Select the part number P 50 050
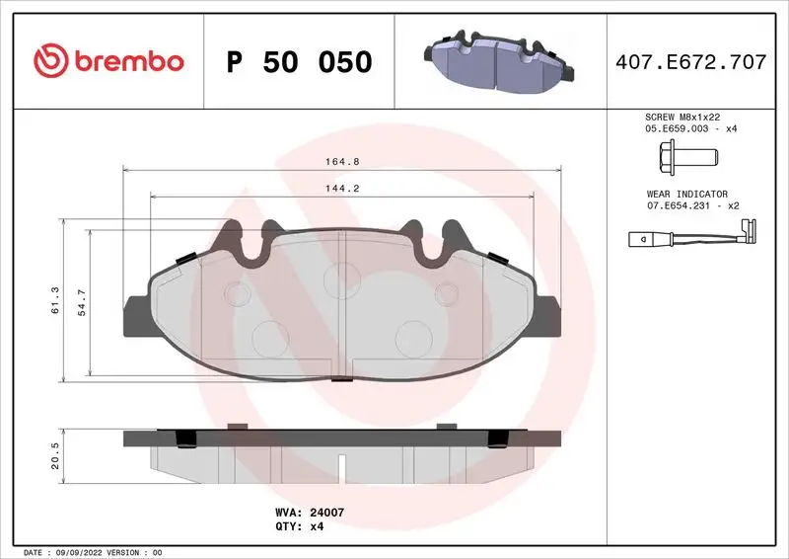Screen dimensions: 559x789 [x=300, y=62]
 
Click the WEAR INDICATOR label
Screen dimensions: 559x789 [x=686, y=195]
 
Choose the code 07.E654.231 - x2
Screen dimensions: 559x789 [x=692, y=206]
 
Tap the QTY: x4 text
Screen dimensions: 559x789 [x=298, y=526]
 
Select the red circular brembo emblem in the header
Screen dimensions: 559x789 [x=47, y=61]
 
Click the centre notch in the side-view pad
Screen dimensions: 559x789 [x=340, y=463]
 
